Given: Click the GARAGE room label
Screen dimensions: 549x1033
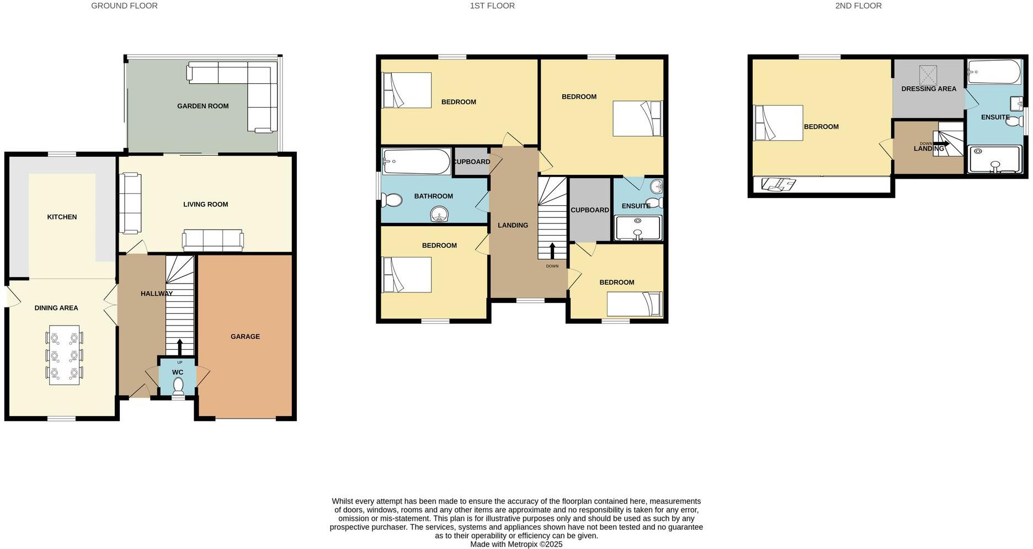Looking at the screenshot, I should point(245,337).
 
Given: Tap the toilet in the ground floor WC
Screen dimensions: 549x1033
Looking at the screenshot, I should point(178,385).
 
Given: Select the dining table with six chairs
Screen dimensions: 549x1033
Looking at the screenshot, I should point(65,355).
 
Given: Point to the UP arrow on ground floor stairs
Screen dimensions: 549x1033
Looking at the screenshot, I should point(179,348).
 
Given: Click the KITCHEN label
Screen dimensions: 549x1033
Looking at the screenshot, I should point(62,217).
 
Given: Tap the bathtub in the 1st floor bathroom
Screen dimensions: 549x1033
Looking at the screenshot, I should point(417,161).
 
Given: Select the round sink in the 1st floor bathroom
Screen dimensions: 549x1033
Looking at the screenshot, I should point(440,214).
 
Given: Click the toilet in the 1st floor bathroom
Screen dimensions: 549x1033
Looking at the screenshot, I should point(392,200).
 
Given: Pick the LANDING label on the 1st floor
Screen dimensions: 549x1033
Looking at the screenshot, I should point(513,225).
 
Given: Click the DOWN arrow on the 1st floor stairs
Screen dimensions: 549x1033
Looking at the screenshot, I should point(552,250).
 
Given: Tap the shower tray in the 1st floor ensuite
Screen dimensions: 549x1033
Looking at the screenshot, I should point(637,228).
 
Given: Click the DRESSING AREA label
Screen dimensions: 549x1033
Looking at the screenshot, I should point(929,89).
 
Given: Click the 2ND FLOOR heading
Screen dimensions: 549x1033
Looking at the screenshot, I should point(858,6).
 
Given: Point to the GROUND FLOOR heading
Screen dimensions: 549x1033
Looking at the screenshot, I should point(124,6).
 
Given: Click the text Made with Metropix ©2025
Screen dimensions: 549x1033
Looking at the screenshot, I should point(516,544).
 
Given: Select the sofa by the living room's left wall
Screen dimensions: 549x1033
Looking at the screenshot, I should point(131,203).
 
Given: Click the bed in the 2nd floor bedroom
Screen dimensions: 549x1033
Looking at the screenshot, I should point(779,123).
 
